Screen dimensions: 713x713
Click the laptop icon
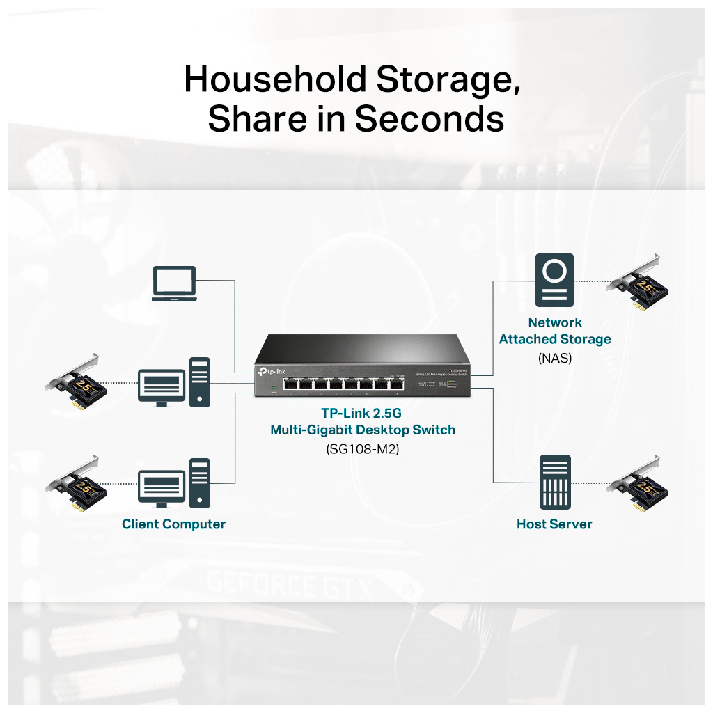click(x=174, y=284)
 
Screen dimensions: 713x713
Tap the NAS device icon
click(x=554, y=281)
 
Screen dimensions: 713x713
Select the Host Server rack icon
click(x=554, y=482)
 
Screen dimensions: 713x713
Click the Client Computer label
click(x=173, y=524)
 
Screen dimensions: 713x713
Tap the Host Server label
click(x=554, y=524)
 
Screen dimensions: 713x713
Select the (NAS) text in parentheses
click(x=554, y=359)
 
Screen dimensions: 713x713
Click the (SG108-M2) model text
click(x=362, y=449)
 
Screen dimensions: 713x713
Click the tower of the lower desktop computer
click(x=200, y=482)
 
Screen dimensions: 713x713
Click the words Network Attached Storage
click(x=554, y=331)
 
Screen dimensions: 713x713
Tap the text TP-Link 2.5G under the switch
click(x=362, y=413)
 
